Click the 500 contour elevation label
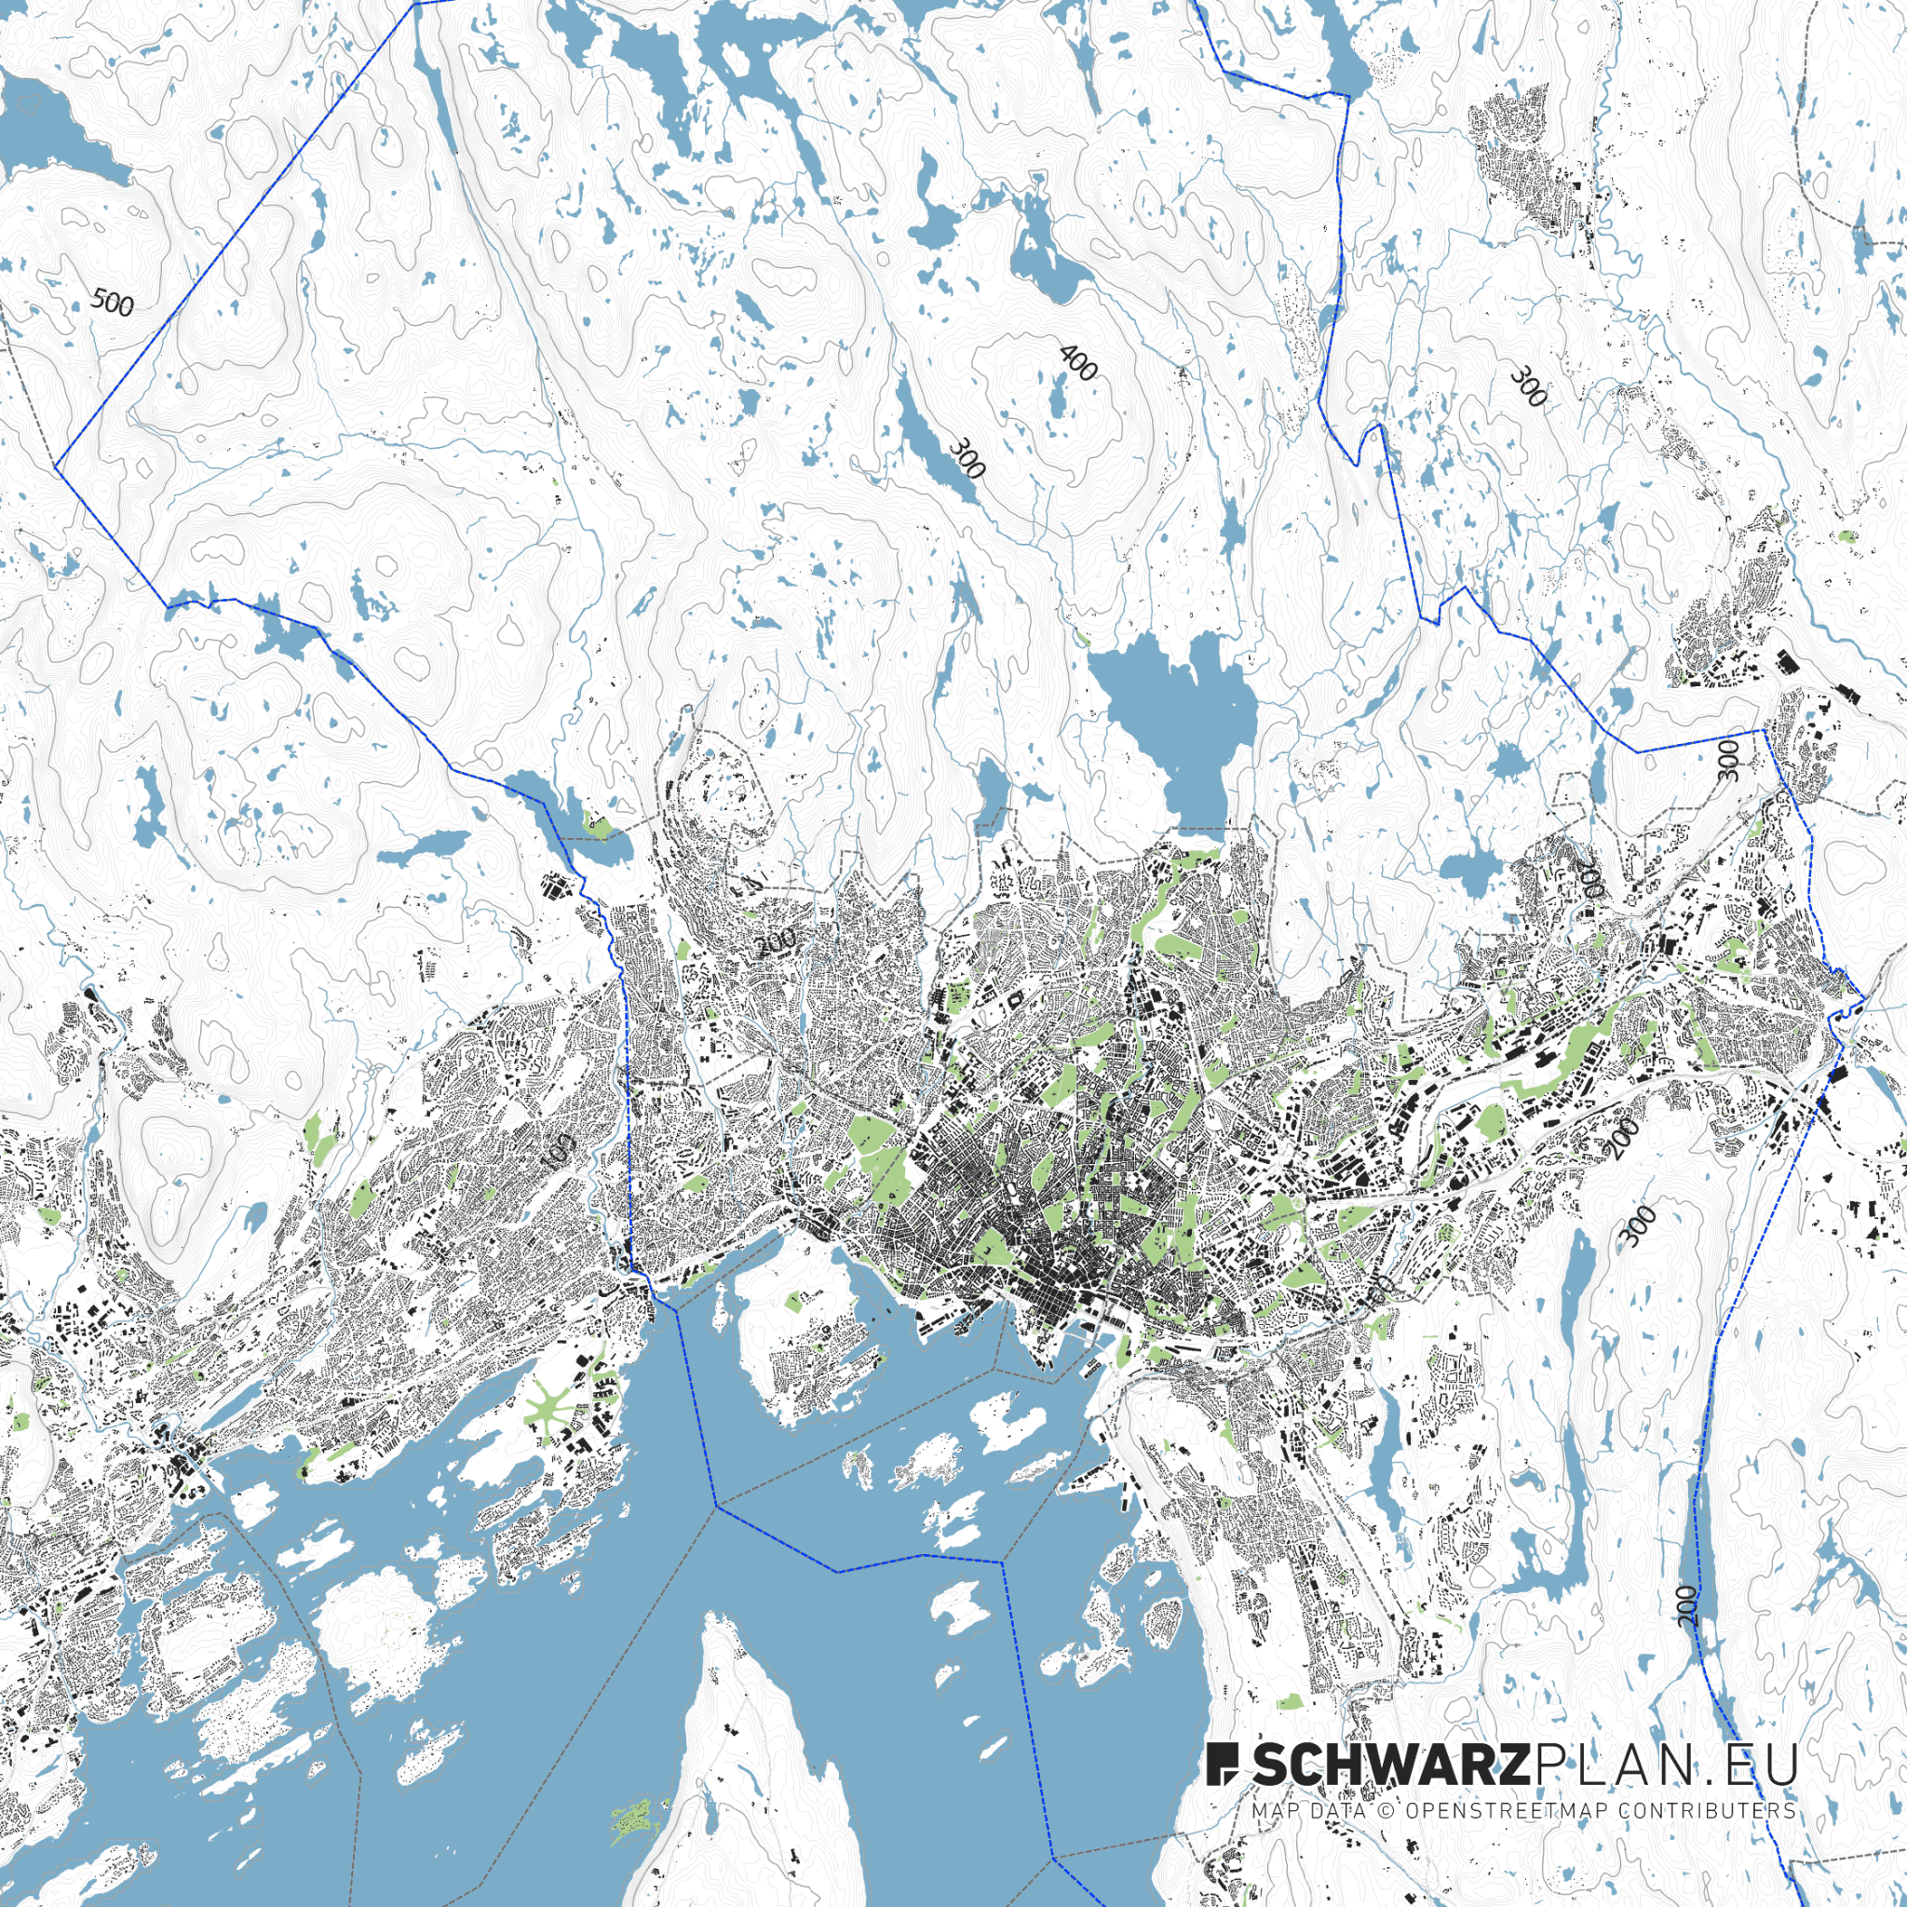(x=112, y=303)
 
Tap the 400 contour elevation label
(x=1077, y=363)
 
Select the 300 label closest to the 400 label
(x=967, y=459)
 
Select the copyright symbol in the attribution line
(x=1386, y=1811)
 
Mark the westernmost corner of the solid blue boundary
(x=56, y=467)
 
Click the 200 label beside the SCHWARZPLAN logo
(x=1687, y=1606)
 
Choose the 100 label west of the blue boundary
(x=559, y=1149)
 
